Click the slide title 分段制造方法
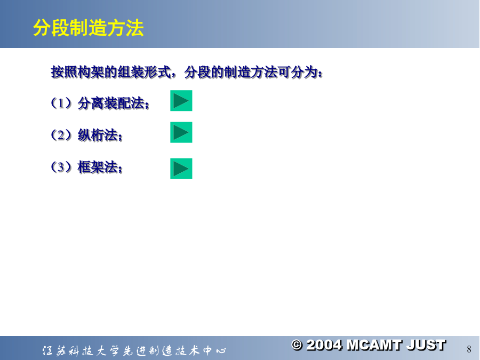[88, 28]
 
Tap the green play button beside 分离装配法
[181, 101]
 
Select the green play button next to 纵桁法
[181, 132]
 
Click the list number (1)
[61, 103]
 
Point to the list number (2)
[61, 135]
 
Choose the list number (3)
[61, 167]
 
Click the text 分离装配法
[111, 103]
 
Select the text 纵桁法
[98, 135]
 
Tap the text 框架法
[98, 167]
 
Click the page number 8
[469, 349]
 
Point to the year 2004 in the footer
[324, 345]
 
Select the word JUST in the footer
[426, 345]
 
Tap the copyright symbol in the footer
[297, 345]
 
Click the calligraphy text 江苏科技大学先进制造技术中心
[134, 350]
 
